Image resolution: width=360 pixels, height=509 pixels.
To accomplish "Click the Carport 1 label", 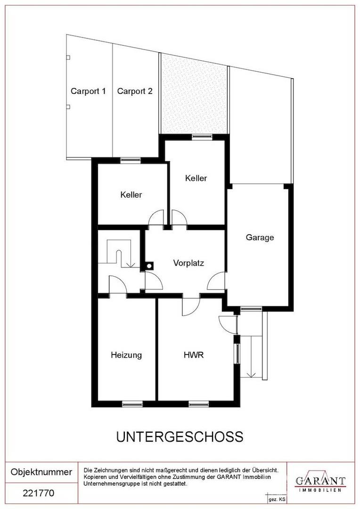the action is coord(88,91).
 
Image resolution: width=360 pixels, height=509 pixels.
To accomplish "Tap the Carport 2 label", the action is coord(135,91).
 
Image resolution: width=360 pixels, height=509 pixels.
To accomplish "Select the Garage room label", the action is coord(260,238).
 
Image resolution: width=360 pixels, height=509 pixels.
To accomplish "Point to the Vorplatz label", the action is coord(188,263).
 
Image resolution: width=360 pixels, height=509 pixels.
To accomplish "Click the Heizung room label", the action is coord(126,355).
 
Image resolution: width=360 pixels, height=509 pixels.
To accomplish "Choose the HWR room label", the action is coord(194,355).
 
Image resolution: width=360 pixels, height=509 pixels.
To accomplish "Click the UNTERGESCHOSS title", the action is coord(180,437).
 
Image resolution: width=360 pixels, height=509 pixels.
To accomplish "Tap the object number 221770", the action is coord(39,493).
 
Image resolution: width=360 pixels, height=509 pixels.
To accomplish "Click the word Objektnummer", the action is coord(41,472).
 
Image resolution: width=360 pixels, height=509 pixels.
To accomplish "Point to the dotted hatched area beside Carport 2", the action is coord(194,94).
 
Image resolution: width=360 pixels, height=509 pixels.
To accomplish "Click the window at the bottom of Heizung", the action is coord(132,404).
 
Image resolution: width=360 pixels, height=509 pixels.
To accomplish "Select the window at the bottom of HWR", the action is coord(199,404).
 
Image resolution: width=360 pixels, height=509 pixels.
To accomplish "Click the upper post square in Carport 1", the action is coord(68,58).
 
